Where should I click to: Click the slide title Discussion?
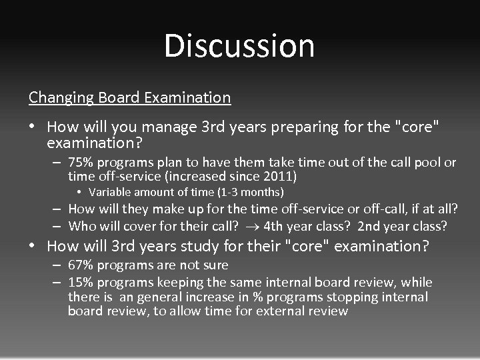click(239, 46)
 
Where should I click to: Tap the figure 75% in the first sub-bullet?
click(81, 163)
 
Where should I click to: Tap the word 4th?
click(273, 227)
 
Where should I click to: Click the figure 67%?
click(81, 265)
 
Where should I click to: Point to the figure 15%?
click(81, 282)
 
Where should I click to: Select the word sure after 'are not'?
click(215, 265)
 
